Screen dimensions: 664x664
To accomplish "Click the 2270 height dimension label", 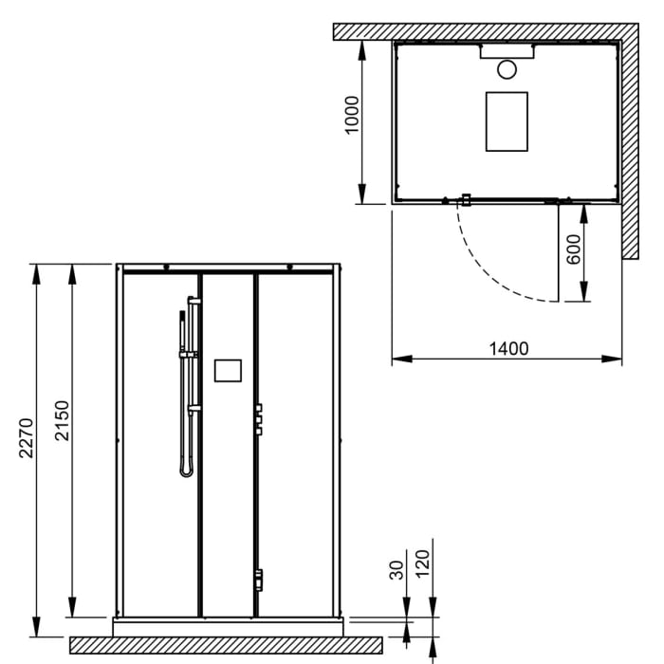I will [x=27, y=437].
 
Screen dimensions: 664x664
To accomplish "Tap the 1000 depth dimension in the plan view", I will [x=353, y=115].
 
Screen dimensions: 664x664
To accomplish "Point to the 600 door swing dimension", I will [x=573, y=251].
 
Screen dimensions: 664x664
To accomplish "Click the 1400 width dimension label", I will [x=508, y=348].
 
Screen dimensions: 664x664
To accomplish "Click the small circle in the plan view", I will [x=507, y=68].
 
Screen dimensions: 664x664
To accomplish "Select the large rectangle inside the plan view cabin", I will [x=507, y=121].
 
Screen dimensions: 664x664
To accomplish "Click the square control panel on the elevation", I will [x=229, y=370].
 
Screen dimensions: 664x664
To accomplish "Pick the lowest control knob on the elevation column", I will [x=257, y=578].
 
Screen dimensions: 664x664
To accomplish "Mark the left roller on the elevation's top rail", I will [x=165, y=267].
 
